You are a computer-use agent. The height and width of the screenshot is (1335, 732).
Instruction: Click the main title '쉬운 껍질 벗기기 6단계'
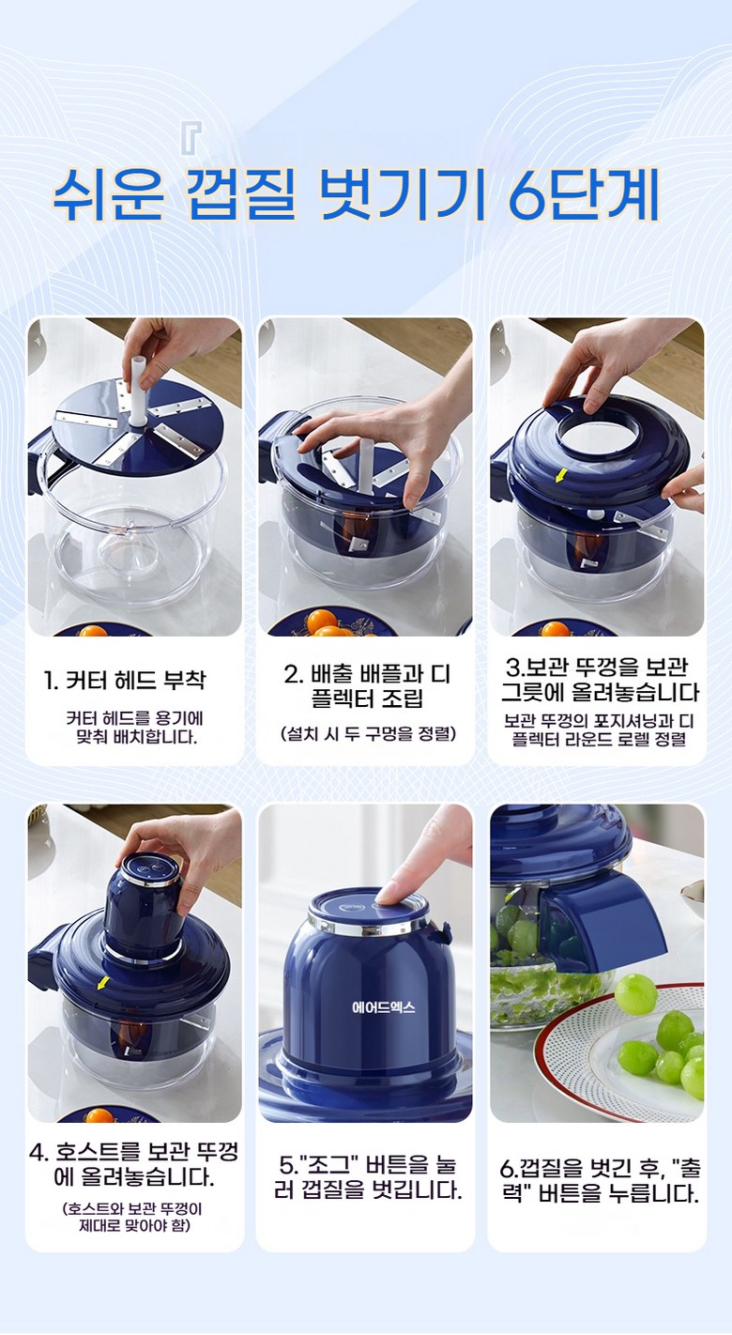(357, 194)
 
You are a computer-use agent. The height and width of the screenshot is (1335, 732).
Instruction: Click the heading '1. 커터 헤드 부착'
(125, 680)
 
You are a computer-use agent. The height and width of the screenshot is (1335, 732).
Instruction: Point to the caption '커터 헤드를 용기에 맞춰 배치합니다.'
(134, 728)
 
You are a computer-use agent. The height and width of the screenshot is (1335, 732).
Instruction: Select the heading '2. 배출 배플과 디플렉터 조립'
(367, 686)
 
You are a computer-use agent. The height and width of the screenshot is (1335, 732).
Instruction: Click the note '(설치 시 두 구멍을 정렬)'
(368, 733)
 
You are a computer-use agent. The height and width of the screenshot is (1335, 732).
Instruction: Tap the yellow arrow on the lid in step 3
(560, 475)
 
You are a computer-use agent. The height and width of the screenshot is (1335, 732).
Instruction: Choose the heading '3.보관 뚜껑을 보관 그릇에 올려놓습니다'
(599, 681)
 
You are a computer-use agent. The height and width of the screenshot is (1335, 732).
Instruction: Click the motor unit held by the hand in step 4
(143, 906)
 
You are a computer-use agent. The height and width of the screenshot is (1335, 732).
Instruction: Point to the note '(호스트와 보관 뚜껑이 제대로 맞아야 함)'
(133, 1218)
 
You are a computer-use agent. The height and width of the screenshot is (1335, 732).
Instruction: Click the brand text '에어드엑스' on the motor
(383, 1007)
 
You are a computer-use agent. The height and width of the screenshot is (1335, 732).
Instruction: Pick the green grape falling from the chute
(635, 993)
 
